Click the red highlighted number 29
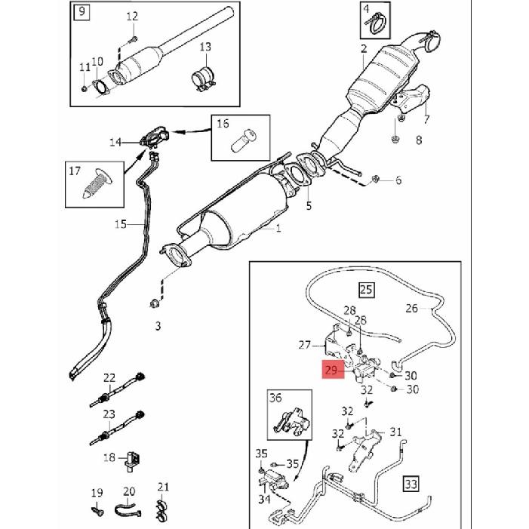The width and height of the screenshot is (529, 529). pos(333,370)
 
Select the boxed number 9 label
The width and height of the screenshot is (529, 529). pos(82,12)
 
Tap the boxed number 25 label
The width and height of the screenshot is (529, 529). pos(367,290)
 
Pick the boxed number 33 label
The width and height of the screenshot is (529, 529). pos(411,484)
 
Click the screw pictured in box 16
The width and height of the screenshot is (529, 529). pos(244,140)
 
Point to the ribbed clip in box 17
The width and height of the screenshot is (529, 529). pos(98,183)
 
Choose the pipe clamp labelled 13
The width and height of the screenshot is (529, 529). pos(204,79)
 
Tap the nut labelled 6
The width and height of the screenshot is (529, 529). pos(374,179)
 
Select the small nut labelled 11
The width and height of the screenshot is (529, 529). pos(84,89)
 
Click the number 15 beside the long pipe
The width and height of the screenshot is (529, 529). pos(121,224)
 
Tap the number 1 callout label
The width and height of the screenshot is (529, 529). pos(278,229)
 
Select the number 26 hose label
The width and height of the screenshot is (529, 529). pos(411,308)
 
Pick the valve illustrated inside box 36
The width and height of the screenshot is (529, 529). pos(291,421)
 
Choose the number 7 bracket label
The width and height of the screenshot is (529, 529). pos(426,118)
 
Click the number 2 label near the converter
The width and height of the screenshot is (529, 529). pos(363,48)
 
